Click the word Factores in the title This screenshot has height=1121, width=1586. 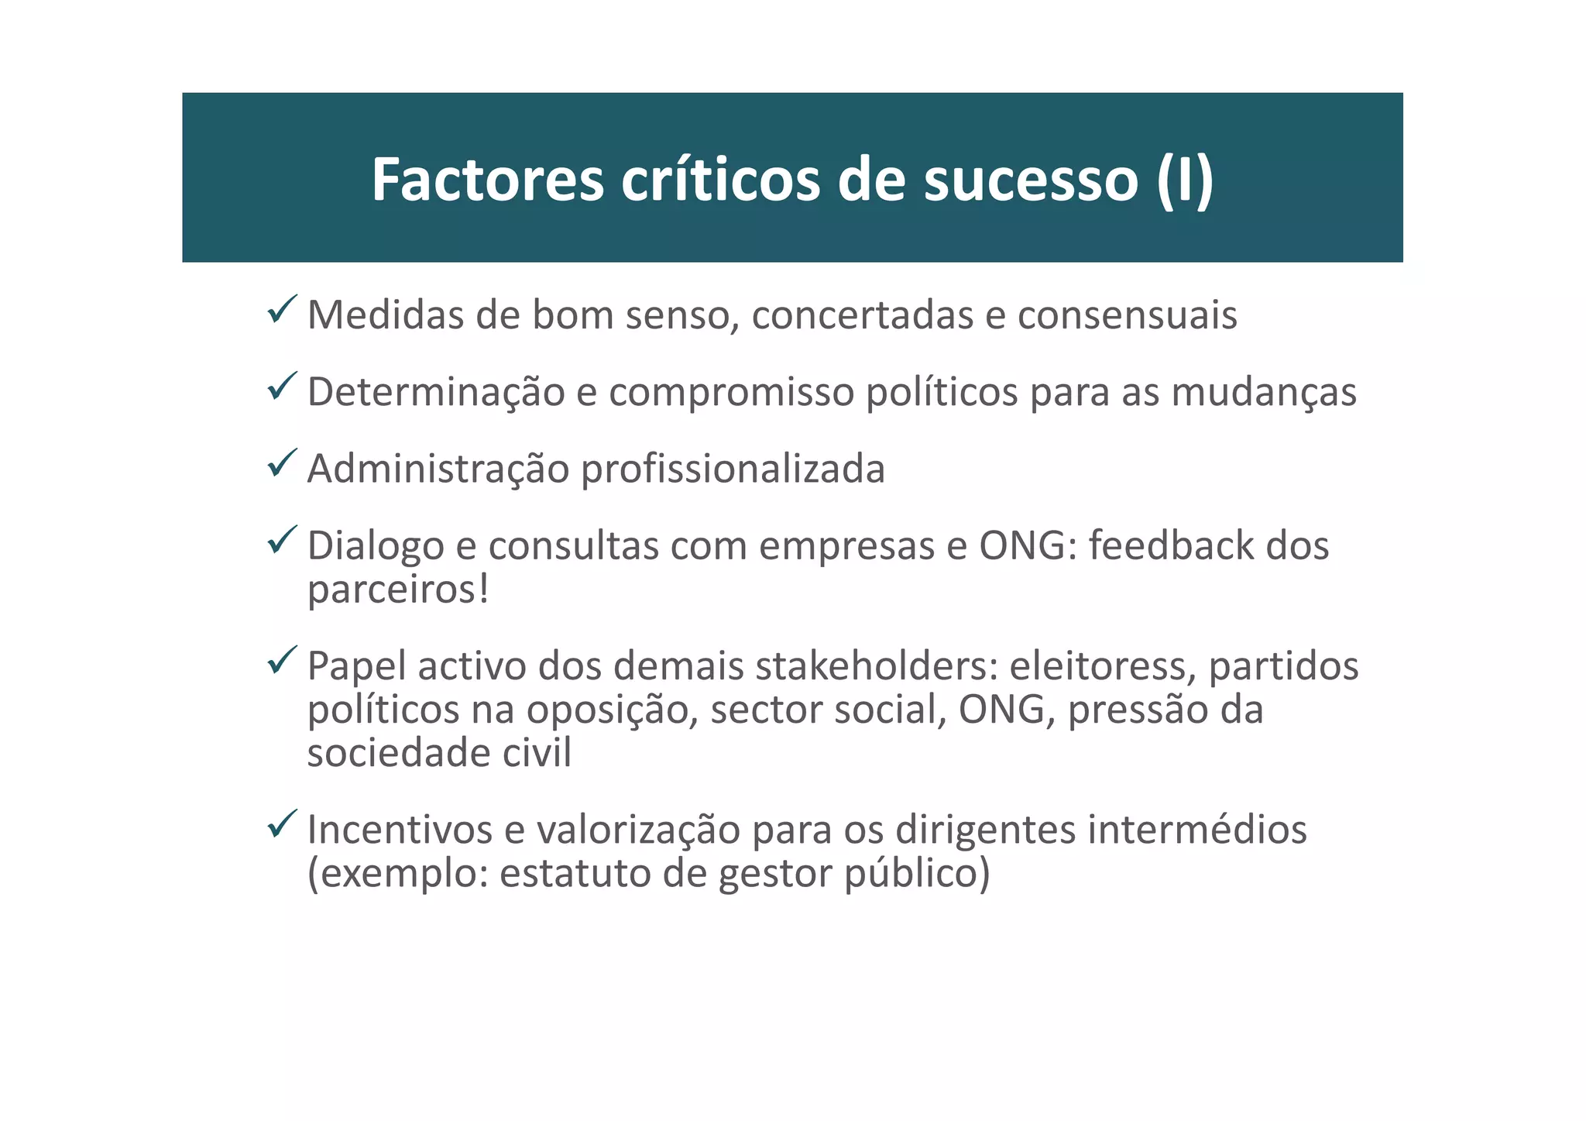[487, 180]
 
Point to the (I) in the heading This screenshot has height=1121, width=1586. [1184, 180]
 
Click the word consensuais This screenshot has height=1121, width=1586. [1127, 315]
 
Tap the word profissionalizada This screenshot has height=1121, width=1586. [733, 469]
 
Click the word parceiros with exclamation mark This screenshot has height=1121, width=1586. [398, 590]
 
